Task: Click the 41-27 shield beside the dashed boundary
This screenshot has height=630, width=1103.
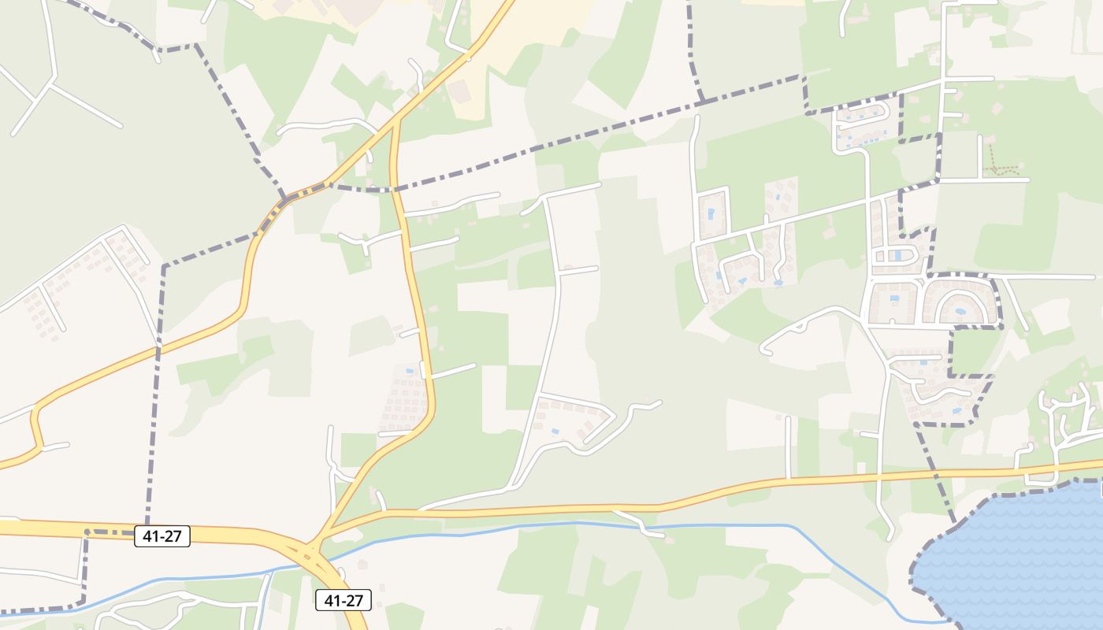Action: (x=162, y=536)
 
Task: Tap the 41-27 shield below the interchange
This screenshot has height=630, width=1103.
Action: (x=344, y=600)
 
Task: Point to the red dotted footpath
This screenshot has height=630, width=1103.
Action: (x=1002, y=168)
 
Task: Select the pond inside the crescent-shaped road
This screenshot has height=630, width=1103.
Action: (x=960, y=311)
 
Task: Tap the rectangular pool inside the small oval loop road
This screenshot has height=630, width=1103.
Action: (x=897, y=255)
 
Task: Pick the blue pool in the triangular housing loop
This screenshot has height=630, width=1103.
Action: (x=555, y=431)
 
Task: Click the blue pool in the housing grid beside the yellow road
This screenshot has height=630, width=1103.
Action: (x=408, y=370)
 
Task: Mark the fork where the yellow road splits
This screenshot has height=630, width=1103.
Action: (x=395, y=120)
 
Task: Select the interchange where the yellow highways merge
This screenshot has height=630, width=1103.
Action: (x=315, y=543)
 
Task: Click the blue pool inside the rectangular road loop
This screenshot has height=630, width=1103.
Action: (x=711, y=213)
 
